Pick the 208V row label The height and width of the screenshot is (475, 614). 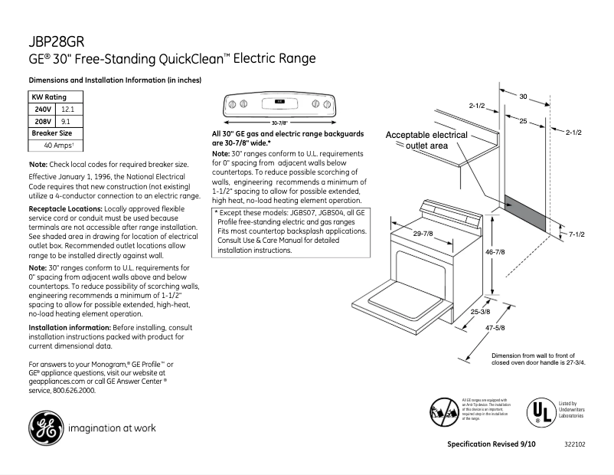pos(42,121)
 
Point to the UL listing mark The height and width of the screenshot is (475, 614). pos(538,412)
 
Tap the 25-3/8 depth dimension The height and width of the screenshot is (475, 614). pos(481,312)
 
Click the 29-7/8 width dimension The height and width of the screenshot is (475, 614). pos(423,233)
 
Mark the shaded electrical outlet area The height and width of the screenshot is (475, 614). pos(525,214)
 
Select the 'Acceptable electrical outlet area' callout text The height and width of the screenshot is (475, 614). pos(426,140)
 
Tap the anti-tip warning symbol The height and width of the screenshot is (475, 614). pos(443,411)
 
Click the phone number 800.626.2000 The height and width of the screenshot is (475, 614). pos(73,390)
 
